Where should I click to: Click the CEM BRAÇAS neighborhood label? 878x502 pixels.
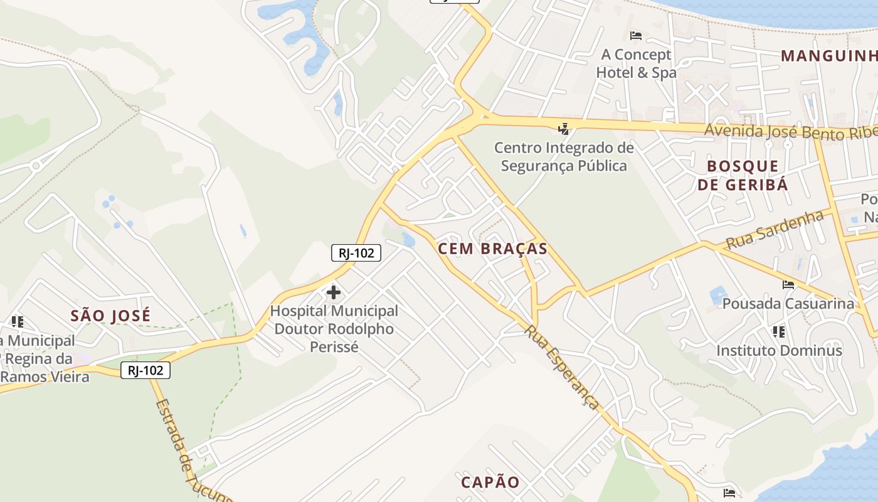click(x=492, y=248)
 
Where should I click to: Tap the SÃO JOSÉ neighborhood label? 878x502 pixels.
click(x=110, y=315)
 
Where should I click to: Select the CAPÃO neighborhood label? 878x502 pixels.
click(x=490, y=482)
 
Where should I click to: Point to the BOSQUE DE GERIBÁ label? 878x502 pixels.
click(x=743, y=175)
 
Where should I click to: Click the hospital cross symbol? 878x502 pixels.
click(x=334, y=292)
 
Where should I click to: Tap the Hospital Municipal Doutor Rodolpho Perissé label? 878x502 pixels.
click(x=334, y=328)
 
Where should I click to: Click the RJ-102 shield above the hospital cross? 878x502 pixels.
click(x=356, y=253)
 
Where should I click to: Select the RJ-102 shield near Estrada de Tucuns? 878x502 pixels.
click(x=145, y=370)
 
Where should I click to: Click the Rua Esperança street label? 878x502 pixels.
click(x=562, y=367)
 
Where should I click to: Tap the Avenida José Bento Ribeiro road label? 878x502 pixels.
click(x=790, y=132)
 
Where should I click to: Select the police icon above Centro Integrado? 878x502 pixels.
click(x=564, y=129)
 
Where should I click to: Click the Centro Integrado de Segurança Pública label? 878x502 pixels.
click(x=564, y=157)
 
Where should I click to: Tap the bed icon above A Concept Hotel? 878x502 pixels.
click(x=636, y=36)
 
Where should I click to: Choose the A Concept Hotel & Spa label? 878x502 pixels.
click(x=636, y=63)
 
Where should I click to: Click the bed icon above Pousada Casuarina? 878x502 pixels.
click(x=788, y=285)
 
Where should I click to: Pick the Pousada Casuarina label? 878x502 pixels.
click(x=788, y=304)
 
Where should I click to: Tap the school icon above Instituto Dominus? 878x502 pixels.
click(x=779, y=331)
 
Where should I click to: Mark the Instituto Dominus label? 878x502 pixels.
click(x=779, y=350)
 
